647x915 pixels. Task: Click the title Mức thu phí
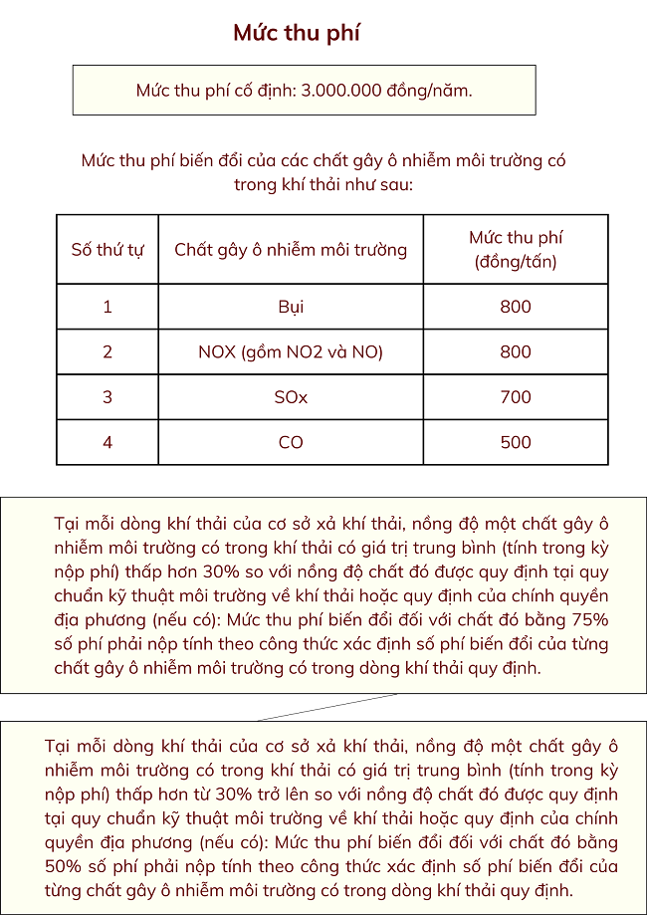tap(297, 33)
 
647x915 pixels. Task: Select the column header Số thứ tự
tap(108, 249)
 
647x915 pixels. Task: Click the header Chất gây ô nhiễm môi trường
tap(291, 249)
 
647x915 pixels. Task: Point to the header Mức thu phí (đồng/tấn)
tap(516, 249)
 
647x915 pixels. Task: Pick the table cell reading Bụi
tap(291, 307)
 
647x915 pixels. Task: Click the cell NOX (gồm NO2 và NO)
tap(291, 351)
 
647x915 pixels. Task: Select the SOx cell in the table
tap(291, 397)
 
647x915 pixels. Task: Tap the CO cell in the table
tap(291, 442)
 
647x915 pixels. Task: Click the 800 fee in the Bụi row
tap(516, 307)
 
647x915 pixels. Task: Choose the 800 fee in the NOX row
tap(516, 351)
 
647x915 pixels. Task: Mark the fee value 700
tap(516, 397)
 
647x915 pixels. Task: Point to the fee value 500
tap(516, 442)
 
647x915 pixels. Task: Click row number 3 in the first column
tap(108, 397)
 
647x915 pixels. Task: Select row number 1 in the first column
tap(108, 307)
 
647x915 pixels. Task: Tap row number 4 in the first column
tap(108, 442)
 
